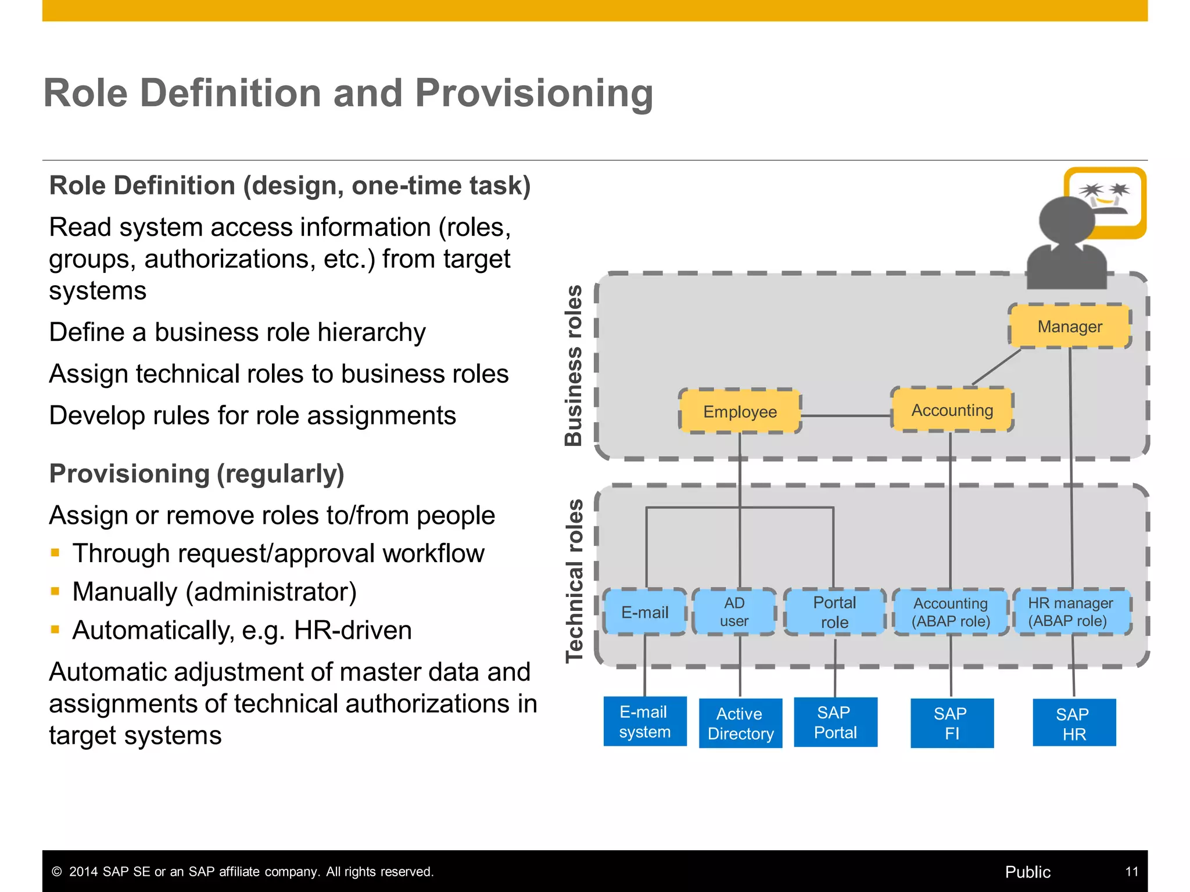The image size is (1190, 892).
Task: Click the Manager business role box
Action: pos(1070,326)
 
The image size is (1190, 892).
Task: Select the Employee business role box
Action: pos(740,411)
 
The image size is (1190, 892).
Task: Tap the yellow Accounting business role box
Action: pos(952,410)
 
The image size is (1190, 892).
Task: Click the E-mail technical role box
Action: pos(645,612)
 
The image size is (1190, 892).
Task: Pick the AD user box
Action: pos(734,612)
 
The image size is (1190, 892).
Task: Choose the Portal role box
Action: pos(834,612)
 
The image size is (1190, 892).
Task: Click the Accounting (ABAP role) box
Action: pos(951,612)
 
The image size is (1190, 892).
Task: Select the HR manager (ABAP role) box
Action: pos(1071,612)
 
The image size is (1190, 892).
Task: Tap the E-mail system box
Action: pos(645,721)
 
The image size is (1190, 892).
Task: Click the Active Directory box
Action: pos(740,723)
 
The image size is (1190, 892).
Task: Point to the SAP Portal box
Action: pos(835,722)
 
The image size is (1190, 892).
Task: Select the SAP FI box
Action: pos(952,723)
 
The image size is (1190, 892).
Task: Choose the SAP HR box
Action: pos(1074,723)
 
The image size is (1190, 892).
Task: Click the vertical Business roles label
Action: pos(574,365)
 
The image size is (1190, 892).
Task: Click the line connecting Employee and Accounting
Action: pos(845,416)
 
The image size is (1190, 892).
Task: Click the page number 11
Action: pos(1131,872)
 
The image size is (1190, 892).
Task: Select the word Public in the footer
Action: pos(1027,872)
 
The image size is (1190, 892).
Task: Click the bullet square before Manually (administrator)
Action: pos(55,592)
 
